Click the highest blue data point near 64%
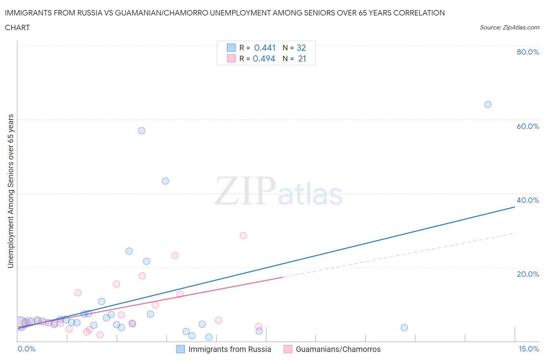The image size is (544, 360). (x=488, y=105)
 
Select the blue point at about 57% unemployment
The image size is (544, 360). (x=142, y=131)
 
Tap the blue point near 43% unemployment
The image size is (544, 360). (x=165, y=181)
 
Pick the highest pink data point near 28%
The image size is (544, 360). (x=243, y=235)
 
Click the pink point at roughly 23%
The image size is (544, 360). (x=175, y=255)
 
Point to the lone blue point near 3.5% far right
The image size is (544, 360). (x=404, y=327)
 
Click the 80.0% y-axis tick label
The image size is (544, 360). (x=528, y=52)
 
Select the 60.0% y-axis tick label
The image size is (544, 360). (x=528, y=126)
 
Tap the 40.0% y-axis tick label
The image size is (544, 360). (x=528, y=200)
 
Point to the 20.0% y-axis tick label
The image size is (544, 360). (x=528, y=274)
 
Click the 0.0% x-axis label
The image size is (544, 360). (x=27, y=349)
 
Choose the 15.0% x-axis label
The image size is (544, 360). (x=529, y=349)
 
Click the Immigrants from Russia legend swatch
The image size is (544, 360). (x=180, y=349)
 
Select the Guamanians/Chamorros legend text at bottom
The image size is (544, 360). (x=338, y=349)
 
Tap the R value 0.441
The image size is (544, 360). (x=265, y=48)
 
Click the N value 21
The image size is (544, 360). (x=302, y=58)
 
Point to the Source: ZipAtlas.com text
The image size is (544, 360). (x=509, y=27)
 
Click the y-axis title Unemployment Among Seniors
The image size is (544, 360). (x=11, y=191)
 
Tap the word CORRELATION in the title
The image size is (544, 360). (x=419, y=13)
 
